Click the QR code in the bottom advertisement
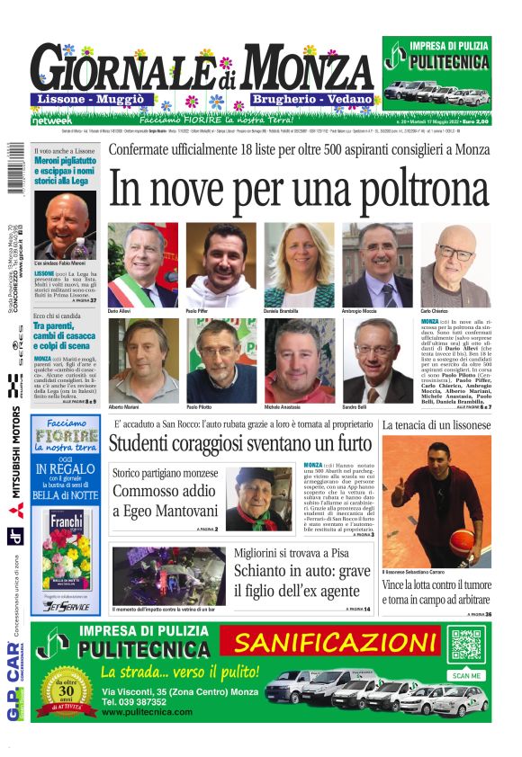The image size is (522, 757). tap(466, 646)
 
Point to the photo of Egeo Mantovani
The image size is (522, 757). tap(257, 498)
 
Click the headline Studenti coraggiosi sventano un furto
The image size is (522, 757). tap(239, 444)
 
